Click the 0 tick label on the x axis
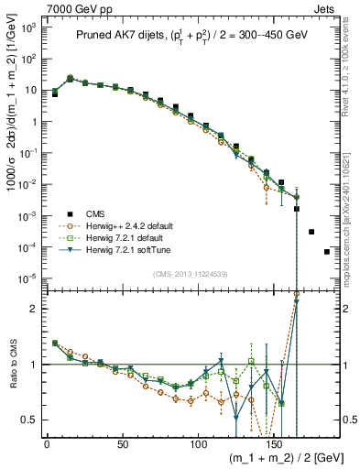pos(47,444)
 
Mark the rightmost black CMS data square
pos(327,252)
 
